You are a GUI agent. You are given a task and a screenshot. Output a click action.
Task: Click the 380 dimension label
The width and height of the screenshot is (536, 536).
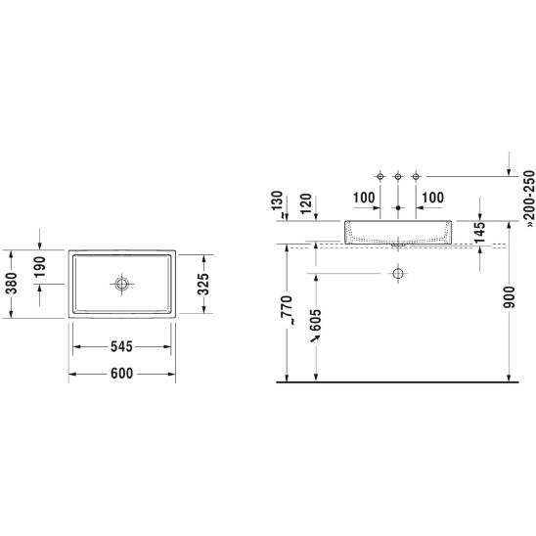pyautogui.click(x=12, y=284)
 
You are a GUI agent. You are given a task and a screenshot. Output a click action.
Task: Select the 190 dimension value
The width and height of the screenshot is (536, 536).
pyautogui.click(x=40, y=267)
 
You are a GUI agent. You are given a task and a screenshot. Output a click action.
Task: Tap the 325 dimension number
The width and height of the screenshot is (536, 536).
pyautogui.click(x=203, y=284)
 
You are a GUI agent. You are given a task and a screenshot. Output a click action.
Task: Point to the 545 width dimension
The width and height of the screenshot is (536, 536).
pyautogui.click(x=121, y=346)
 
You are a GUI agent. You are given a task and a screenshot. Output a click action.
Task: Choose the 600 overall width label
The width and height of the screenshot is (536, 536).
pyautogui.click(x=121, y=374)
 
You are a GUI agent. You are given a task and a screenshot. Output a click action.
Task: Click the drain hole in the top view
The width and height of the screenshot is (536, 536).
pyautogui.click(x=121, y=284)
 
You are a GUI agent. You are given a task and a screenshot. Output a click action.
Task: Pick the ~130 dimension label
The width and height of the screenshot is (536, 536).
pyautogui.click(x=278, y=204)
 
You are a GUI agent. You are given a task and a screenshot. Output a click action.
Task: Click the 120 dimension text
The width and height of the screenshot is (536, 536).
pyautogui.click(x=306, y=203)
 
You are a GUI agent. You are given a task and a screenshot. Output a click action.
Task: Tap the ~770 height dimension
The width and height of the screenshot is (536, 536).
pyautogui.click(x=287, y=310)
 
